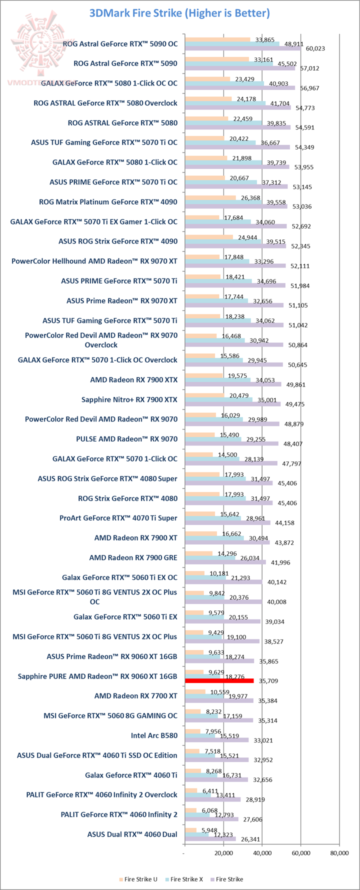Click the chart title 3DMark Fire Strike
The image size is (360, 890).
tap(179, 13)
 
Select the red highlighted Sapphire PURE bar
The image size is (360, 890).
tap(219, 680)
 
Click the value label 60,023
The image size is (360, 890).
tap(315, 48)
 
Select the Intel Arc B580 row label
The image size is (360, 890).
tap(154, 735)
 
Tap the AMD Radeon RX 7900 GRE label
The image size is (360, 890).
tap(133, 557)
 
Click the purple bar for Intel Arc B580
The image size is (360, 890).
tap(216, 740)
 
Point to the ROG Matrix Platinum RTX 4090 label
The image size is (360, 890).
tap(108, 202)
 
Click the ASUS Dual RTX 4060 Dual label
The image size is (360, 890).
tap(132, 834)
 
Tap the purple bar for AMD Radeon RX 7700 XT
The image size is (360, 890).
tap(218, 700)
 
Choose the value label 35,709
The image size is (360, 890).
tap(267, 681)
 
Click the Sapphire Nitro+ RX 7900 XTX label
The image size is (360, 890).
tap(129, 399)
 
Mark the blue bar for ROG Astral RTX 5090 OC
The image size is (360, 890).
tap(231, 44)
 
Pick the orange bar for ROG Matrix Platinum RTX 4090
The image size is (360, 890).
tap(210, 197)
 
